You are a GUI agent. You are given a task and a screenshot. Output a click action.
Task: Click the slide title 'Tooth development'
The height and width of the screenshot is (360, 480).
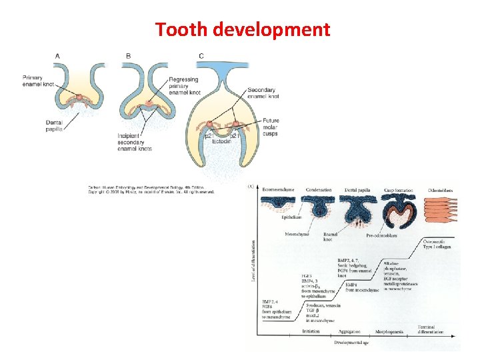[x=242, y=29]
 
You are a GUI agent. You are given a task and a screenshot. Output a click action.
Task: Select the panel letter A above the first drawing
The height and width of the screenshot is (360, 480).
[x=58, y=55]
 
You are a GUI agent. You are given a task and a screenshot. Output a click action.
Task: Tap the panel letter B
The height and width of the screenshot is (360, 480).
[x=128, y=55]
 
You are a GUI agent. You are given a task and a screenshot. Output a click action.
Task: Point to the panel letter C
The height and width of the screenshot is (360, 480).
[x=201, y=55]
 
